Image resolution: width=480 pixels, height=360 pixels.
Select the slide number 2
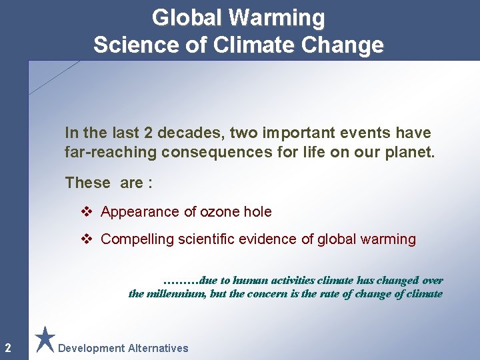(7, 347)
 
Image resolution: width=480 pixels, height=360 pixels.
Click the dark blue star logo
(45, 339)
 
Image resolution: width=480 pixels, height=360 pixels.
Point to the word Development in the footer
(91, 348)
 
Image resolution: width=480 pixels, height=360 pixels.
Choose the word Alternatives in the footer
(158, 348)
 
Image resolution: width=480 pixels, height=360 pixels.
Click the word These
(87, 182)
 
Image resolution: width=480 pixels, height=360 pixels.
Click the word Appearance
(140, 212)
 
